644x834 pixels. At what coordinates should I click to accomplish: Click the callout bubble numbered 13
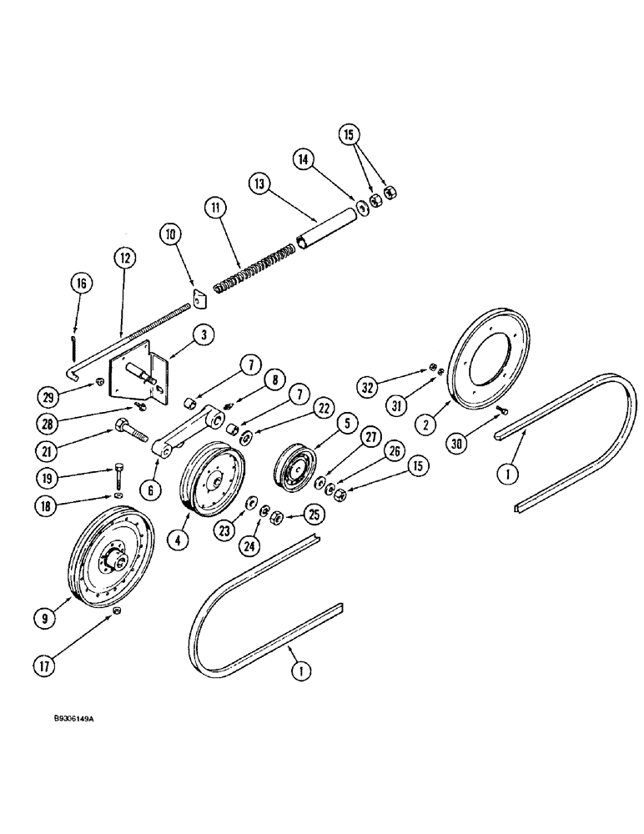tap(259, 183)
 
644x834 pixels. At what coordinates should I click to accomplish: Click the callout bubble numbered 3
tap(204, 334)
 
